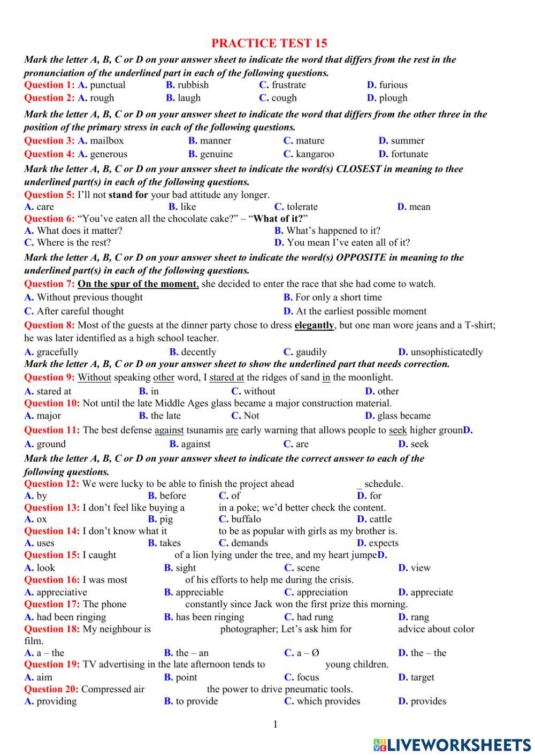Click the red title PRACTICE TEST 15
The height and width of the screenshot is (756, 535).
click(269, 43)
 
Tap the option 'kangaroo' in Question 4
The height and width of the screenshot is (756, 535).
click(315, 154)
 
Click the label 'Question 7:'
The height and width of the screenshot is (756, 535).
click(49, 284)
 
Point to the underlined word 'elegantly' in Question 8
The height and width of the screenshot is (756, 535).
click(314, 325)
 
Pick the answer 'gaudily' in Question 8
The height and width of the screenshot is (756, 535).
click(311, 352)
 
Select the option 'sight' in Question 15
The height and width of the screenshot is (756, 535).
click(186, 568)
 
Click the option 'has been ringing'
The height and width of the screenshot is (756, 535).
click(210, 617)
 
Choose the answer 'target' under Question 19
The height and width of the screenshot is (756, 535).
click(422, 677)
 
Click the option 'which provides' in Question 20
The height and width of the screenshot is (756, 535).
click(328, 701)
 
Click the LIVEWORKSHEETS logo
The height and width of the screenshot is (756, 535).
click(452, 744)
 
